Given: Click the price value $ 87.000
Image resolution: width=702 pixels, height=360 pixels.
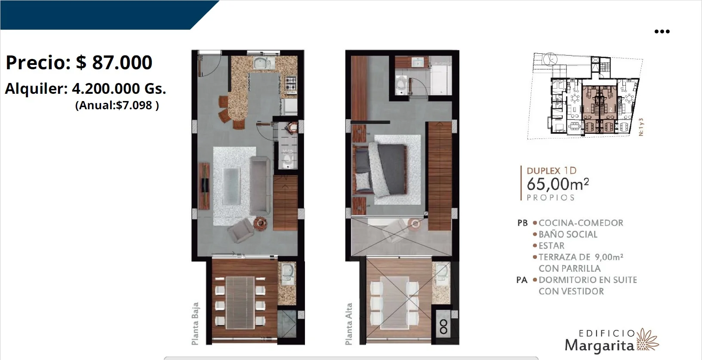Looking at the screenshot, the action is (x=114, y=62).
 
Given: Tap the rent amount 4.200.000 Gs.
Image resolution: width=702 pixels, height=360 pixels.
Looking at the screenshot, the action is (x=119, y=89).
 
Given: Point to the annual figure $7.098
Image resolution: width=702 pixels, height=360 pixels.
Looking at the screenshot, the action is (x=134, y=105).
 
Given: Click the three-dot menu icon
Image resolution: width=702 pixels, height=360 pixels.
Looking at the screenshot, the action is (x=662, y=31).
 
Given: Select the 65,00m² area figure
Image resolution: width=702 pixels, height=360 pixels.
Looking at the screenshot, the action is (x=558, y=184).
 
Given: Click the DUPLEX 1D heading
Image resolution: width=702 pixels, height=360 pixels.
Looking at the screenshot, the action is (x=551, y=171).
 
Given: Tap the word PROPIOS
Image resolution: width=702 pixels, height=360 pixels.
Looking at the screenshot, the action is (x=551, y=198).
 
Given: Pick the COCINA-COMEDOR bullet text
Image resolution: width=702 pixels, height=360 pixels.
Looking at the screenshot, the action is (x=581, y=223).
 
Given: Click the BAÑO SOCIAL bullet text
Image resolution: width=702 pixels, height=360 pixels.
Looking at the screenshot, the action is (x=568, y=234).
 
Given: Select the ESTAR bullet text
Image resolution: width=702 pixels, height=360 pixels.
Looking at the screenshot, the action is (x=551, y=246).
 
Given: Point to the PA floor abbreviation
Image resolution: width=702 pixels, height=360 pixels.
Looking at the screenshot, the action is (x=522, y=280).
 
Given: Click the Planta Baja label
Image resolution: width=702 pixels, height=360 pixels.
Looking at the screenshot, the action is (x=195, y=323).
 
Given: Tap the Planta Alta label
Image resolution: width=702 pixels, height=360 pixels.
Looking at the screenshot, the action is (x=348, y=324).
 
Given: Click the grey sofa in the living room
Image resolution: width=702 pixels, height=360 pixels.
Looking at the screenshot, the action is (x=260, y=185).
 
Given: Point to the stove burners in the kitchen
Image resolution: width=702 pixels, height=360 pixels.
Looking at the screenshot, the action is (x=290, y=83).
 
